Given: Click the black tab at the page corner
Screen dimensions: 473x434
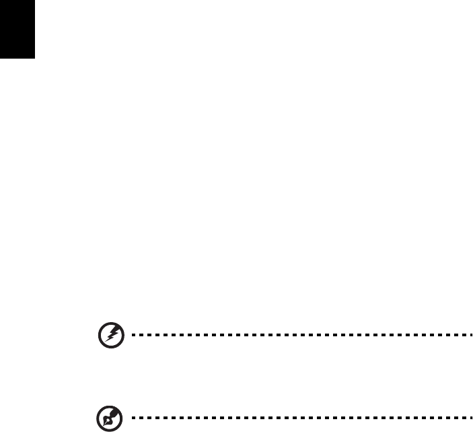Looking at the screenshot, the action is tap(17, 29).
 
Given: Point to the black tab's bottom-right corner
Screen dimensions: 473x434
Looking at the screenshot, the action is tap(34, 58).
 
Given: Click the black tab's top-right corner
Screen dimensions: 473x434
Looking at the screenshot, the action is tap(34, 1).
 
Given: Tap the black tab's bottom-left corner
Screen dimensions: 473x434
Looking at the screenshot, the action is tap(1, 58).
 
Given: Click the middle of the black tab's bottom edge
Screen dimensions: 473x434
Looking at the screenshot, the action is tap(17, 58).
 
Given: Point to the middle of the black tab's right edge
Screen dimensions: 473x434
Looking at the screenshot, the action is tap(34, 29).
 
